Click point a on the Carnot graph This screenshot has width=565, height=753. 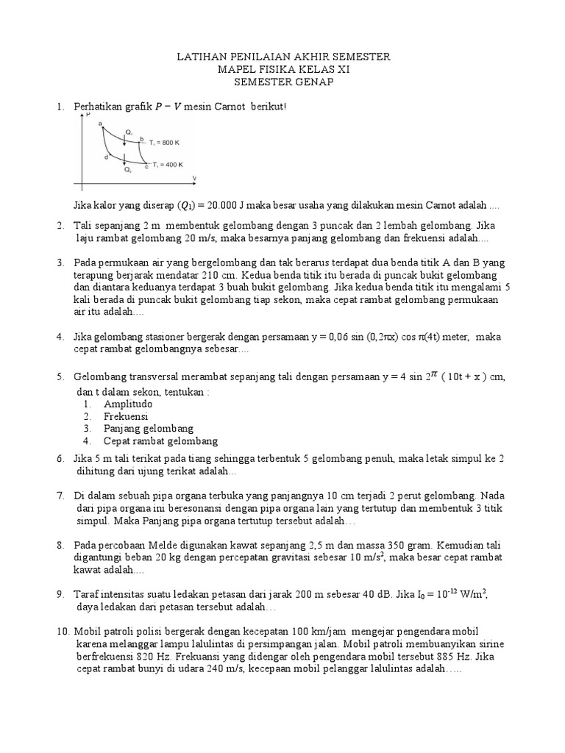[x=99, y=124]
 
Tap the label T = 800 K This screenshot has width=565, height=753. [x=165, y=142]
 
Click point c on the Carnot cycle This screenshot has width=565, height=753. [x=146, y=168]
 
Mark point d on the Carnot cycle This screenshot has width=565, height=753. [x=107, y=157]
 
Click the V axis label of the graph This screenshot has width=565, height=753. [x=194, y=179]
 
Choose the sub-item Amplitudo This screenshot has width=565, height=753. [x=128, y=404]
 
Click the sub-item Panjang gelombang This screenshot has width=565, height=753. [x=148, y=429]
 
